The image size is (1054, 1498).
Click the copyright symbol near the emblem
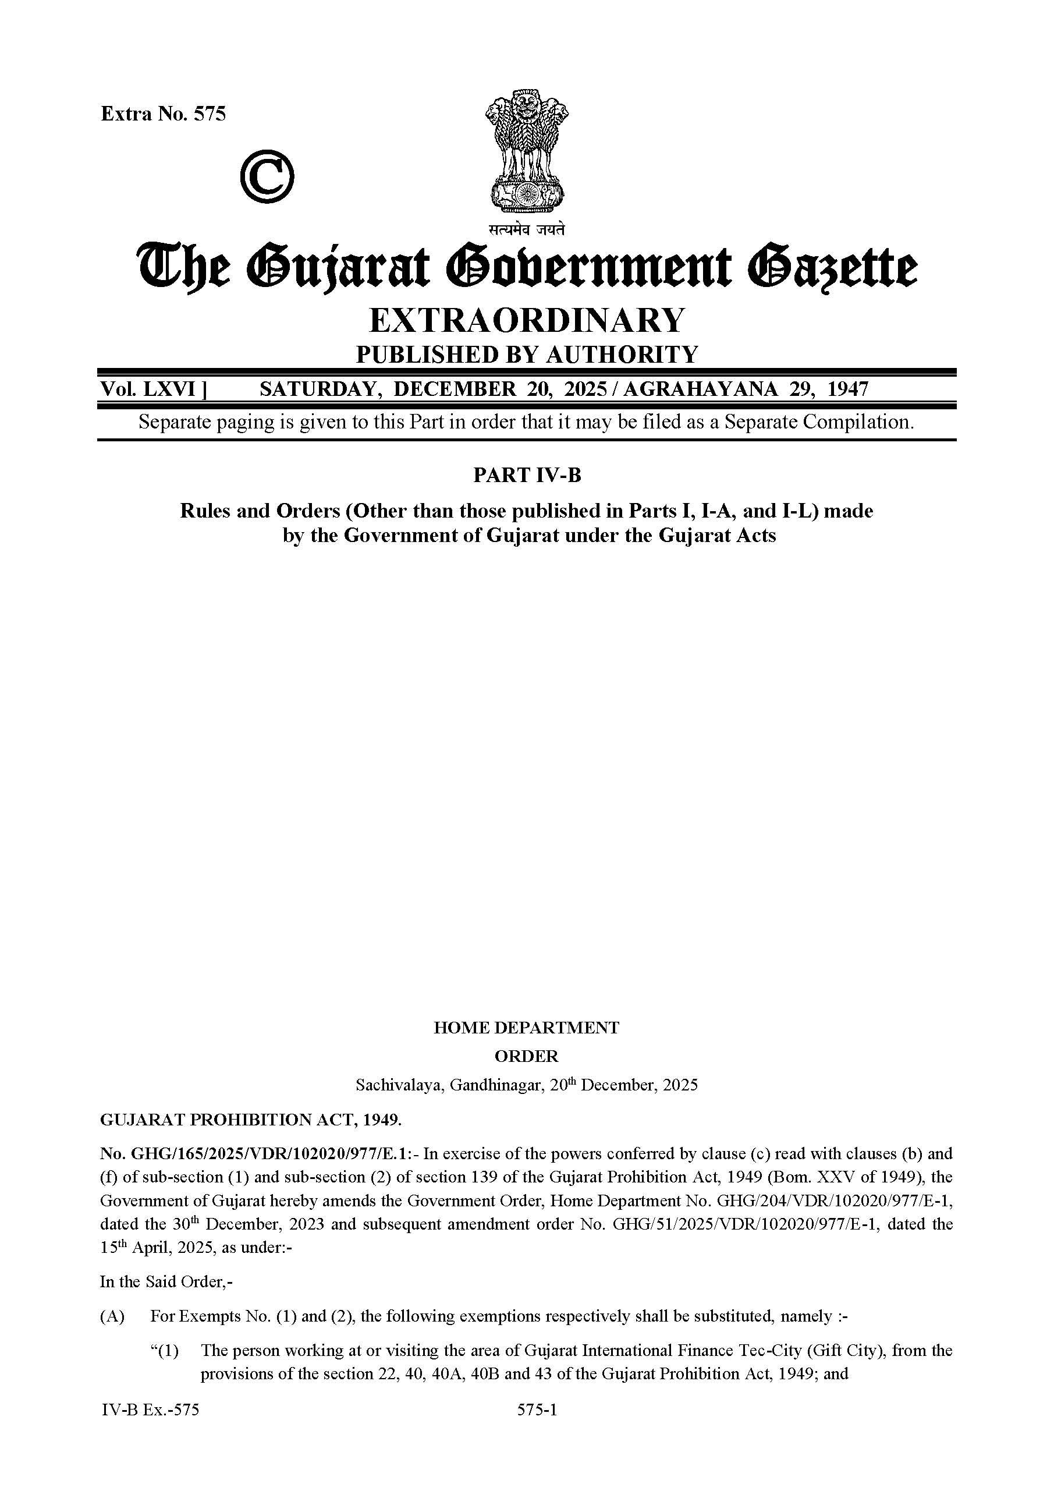click(267, 176)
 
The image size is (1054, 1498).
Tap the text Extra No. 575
click(163, 114)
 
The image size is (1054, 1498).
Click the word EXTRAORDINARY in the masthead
click(527, 320)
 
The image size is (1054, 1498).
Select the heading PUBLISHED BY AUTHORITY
click(527, 355)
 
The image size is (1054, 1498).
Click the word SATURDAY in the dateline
click(318, 389)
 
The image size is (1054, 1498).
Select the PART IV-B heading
click(527, 476)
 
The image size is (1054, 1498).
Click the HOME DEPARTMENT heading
click(526, 1028)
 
